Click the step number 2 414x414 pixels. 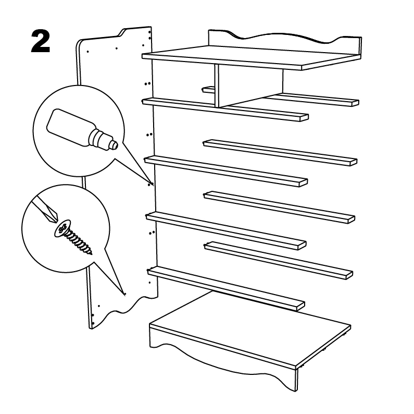(41, 41)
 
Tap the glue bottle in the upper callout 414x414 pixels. (82, 130)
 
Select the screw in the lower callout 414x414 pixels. (73, 237)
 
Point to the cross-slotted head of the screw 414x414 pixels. (62, 228)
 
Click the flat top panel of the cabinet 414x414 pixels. (252, 58)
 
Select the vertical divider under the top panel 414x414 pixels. (217, 86)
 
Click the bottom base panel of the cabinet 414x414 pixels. (250, 330)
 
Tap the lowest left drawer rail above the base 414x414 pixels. (226, 288)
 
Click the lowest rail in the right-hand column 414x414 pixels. (279, 260)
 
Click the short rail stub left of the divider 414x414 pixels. (209, 89)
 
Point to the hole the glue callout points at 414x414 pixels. (152, 184)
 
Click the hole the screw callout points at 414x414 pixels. (125, 294)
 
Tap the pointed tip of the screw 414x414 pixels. (91, 254)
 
